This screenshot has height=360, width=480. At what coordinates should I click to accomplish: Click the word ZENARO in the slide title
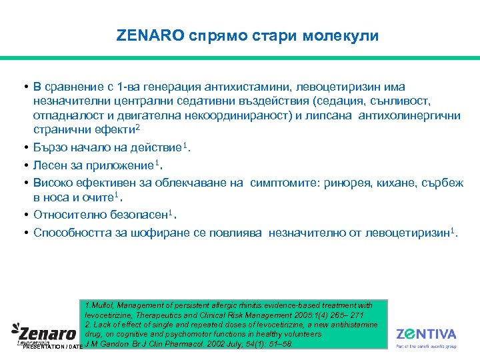tap(150, 36)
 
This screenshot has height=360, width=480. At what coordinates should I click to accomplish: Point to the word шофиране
tap(157, 232)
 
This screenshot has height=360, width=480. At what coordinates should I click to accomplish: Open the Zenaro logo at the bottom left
tap(43, 332)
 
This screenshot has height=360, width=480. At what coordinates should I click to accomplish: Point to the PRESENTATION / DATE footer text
tap(52, 347)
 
